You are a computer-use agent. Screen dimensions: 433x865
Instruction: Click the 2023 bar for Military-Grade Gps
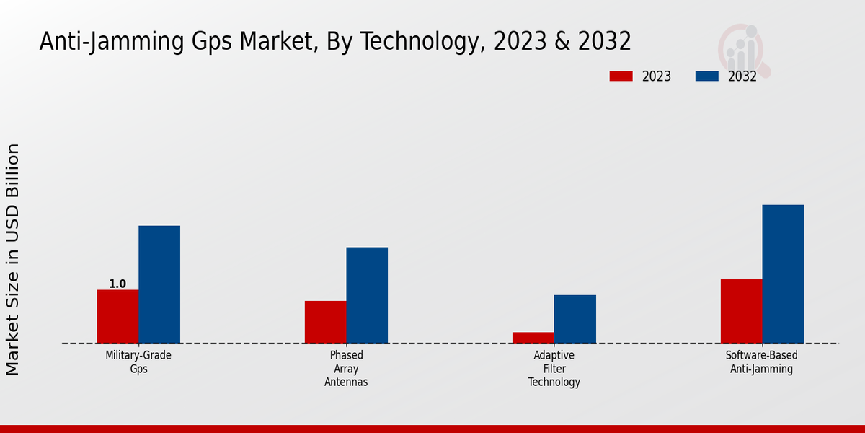point(117,316)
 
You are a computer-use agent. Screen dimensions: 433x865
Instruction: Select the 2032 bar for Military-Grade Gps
point(159,284)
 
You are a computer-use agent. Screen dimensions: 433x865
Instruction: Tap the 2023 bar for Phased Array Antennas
point(325,322)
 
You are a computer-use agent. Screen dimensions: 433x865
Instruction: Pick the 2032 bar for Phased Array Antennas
point(367,295)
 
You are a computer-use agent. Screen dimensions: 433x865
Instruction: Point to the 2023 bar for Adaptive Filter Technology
point(533,337)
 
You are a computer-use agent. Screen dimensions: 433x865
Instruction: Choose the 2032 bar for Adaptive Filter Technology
point(575,319)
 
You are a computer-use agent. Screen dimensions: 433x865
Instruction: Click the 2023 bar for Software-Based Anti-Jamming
point(741,311)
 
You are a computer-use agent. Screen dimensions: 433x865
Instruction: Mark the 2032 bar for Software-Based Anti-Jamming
point(783,274)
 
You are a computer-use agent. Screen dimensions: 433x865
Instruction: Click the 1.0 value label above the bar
point(117,284)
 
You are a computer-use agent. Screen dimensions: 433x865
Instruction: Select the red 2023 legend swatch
point(621,76)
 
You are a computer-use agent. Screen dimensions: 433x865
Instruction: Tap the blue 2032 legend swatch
point(706,76)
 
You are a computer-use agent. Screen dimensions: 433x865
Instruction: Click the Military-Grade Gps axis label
point(138,362)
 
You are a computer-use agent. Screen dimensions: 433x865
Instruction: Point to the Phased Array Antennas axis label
point(346,368)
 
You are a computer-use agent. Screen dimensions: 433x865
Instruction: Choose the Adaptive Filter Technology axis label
point(554,368)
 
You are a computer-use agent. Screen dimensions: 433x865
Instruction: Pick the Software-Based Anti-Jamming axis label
point(762,362)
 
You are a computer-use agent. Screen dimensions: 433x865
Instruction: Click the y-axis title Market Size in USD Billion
point(13,260)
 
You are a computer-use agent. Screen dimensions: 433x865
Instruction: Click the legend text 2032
point(742,76)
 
